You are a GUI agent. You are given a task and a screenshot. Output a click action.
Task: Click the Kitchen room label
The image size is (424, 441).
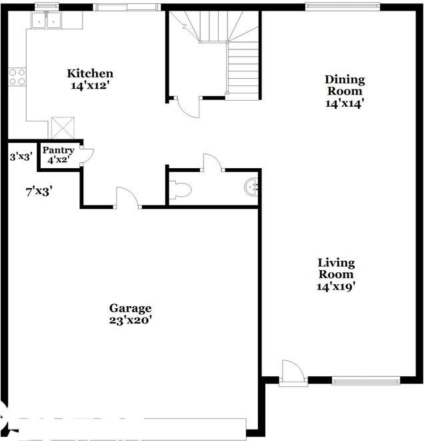point(90,73)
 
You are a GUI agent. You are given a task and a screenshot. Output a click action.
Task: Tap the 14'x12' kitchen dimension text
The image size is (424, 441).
point(90,85)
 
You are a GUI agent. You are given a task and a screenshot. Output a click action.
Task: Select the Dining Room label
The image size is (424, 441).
point(345,85)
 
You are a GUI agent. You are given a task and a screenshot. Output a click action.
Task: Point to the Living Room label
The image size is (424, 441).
point(336,268)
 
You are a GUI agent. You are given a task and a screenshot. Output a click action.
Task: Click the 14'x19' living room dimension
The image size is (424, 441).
point(336,286)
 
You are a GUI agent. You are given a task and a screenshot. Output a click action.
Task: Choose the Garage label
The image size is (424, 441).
point(131,308)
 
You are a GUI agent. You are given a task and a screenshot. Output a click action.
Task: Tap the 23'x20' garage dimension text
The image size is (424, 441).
point(131,320)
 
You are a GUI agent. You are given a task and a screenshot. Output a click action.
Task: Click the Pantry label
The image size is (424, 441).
point(59,151)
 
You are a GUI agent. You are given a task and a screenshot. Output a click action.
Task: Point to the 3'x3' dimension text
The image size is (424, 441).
point(21,157)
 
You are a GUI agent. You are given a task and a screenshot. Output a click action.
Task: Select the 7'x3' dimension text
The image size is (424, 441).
point(39,191)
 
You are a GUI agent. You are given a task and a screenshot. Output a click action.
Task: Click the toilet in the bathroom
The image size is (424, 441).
point(181,191)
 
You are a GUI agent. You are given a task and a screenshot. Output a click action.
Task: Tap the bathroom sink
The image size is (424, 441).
point(251,187)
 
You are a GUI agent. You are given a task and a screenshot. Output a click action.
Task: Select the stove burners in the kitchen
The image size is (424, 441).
point(17,77)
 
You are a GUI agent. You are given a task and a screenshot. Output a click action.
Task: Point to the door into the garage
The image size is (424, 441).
point(127,198)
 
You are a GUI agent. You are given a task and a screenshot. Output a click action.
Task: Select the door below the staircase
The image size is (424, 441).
point(187,107)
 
